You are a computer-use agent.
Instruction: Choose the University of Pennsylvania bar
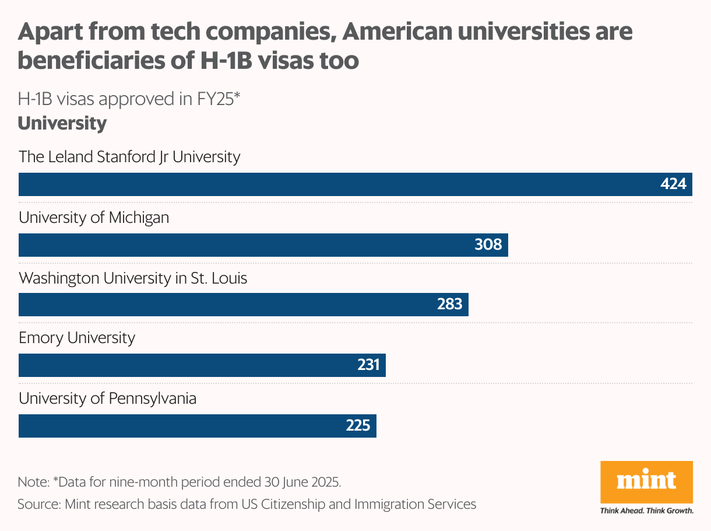pos(198,426)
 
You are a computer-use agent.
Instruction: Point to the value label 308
pos(488,244)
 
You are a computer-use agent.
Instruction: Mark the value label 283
pos(449,305)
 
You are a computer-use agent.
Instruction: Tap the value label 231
pos(368,365)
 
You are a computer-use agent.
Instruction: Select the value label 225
pos(358,426)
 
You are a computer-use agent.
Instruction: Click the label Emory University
pos(77,338)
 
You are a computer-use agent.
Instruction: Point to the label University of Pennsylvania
pos(107,399)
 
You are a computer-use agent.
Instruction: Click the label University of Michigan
pos(94,218)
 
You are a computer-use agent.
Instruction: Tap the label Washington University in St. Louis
pos(133,278)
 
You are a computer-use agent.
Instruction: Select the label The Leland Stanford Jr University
pos(129,157)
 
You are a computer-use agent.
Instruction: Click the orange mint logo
pos(646,482)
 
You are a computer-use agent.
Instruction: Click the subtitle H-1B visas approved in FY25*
pos(129,99)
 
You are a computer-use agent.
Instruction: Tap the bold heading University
pos(62,124)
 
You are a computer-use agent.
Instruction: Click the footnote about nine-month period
pos(179,483)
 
